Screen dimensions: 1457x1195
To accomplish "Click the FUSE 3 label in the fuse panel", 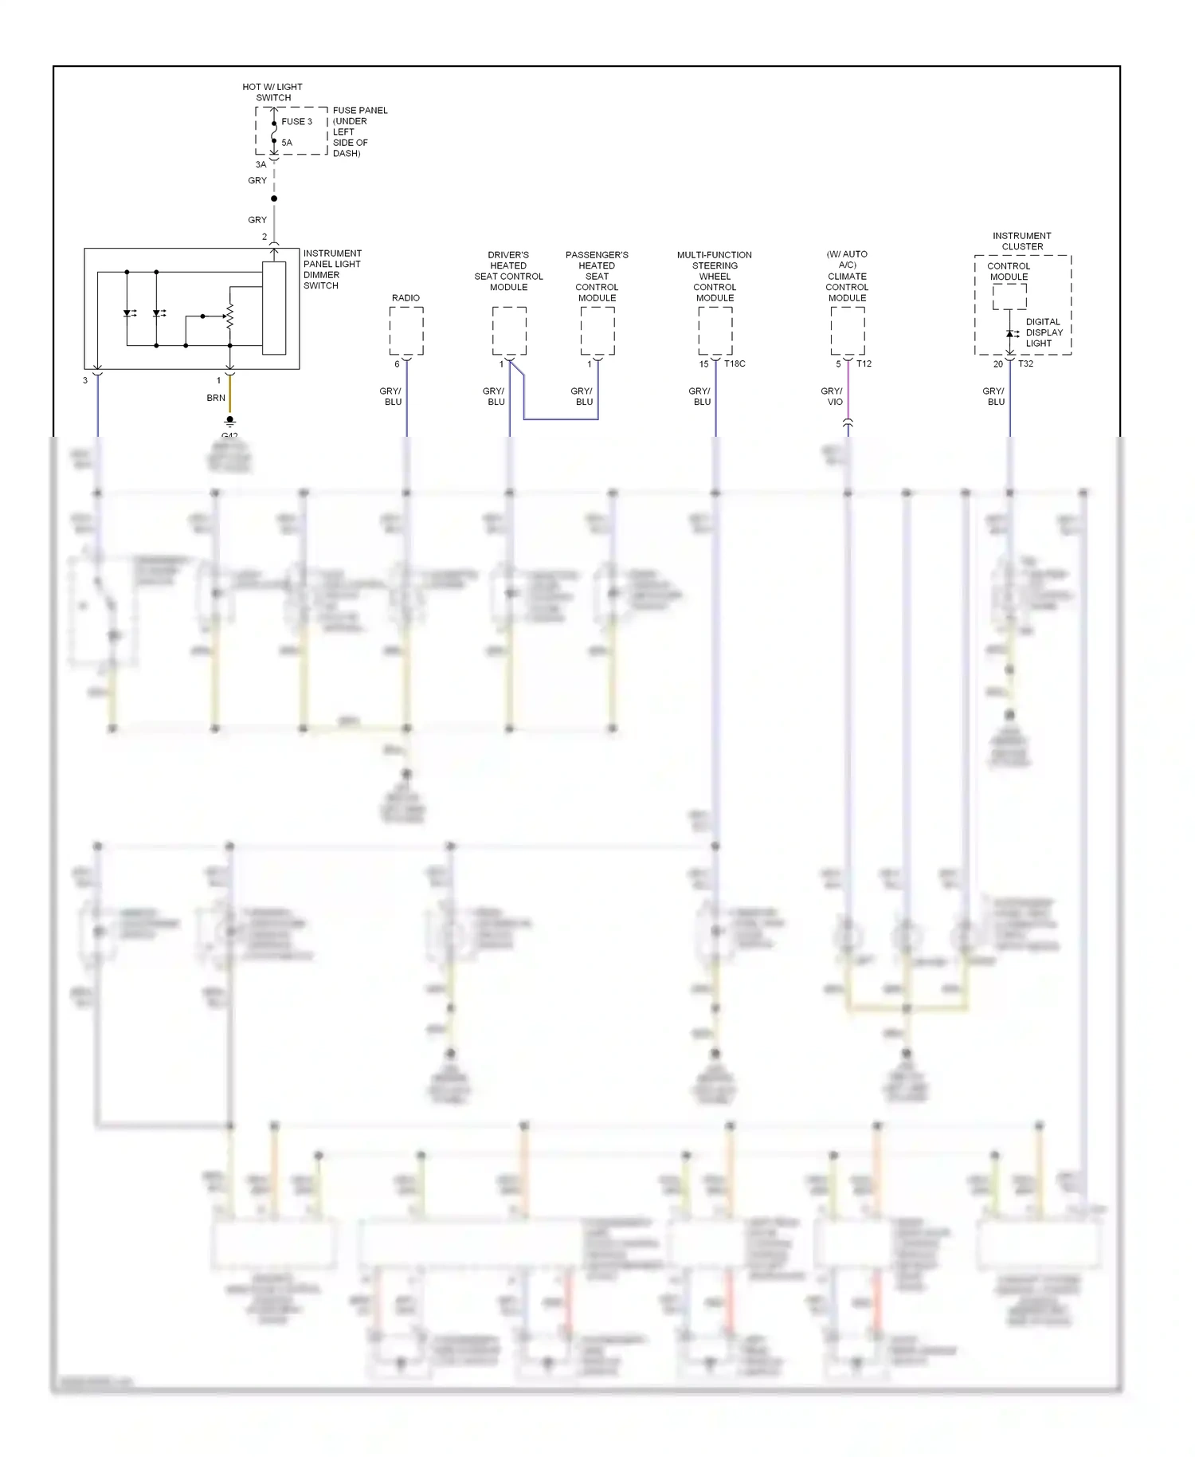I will point(296,122).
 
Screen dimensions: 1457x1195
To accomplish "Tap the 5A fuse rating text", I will point(287,143).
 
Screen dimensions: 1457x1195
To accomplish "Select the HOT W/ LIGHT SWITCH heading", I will point(272,92).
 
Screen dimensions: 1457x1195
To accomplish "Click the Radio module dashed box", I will point(406,331).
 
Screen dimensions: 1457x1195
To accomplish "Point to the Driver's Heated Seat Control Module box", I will point(509,331).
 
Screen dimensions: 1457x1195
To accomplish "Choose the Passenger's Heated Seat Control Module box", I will point(597,331).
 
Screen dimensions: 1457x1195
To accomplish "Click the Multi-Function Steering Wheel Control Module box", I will point(715,331).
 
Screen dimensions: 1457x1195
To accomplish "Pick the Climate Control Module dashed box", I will point(848,331).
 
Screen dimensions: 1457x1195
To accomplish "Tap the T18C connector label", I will point(735,364).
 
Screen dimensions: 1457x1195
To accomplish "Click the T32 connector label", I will point(1025,364).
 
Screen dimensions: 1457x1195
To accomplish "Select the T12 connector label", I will point(864,364).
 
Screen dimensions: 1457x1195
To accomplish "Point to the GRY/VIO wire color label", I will point(833,397).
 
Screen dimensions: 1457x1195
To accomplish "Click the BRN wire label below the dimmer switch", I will point(216,398).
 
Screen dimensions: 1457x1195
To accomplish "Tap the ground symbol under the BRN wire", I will point(230,421).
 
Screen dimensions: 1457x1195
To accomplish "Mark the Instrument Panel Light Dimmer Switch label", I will point(332,269).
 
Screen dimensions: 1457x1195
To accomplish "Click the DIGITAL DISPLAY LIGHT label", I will point(1044,333).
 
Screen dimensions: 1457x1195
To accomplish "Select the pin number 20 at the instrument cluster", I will point(998,364).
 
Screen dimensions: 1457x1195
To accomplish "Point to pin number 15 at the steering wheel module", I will point(703,364).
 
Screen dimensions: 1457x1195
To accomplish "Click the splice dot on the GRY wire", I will point(274,198).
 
